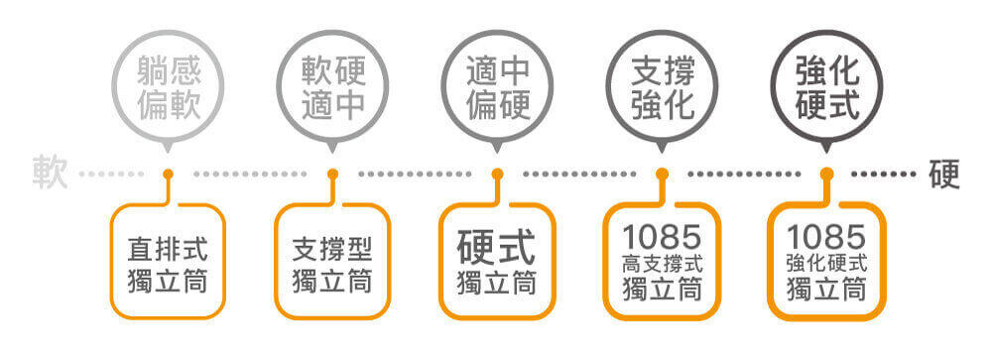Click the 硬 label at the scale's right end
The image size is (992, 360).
[944, 175]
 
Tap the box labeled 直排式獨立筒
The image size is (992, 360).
[168, 262]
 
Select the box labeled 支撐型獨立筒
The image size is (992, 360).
[332, 262]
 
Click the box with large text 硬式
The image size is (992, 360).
[497, 262]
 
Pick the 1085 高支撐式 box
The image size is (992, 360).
[662, 262]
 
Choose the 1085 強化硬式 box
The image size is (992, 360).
[826, 262]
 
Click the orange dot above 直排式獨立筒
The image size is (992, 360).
[168, 175]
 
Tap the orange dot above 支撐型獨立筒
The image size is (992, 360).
[332, 175]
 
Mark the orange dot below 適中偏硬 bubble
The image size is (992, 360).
[497, 175]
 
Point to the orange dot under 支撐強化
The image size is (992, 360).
[662, 175]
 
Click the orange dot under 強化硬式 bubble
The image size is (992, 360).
[826, 175]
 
